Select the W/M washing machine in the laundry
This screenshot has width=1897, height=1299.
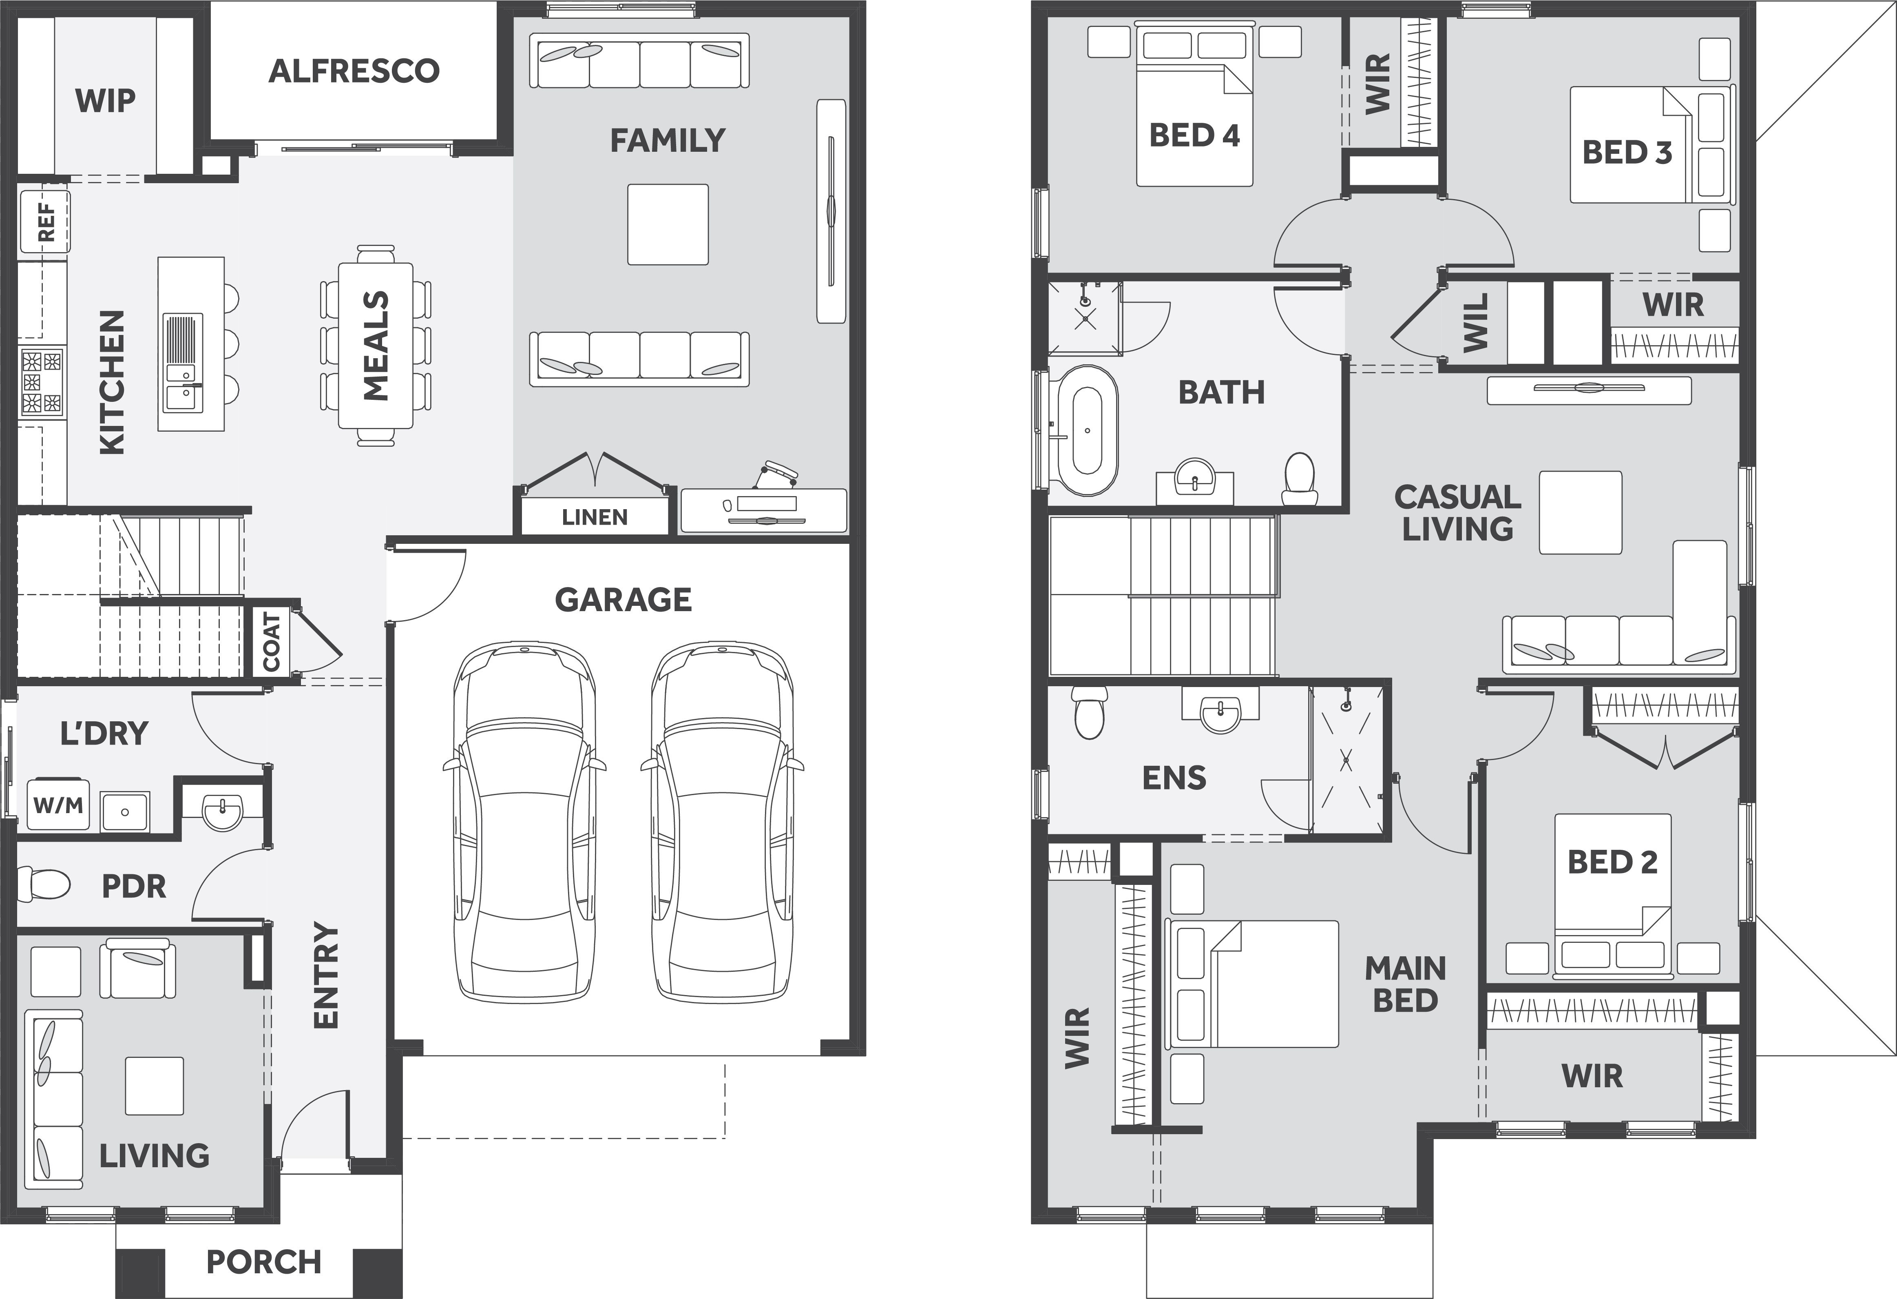(x=58, y=805)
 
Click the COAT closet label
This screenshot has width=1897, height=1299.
(x=272, y=642)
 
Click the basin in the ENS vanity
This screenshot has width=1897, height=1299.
(x=1220, y=713)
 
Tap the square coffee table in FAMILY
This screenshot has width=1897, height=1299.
(x=668, y=224)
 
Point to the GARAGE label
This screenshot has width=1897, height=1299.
(x=623, y=600)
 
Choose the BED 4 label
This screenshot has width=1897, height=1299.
(x=1194, y=135)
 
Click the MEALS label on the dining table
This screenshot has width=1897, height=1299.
(x=376, y=346)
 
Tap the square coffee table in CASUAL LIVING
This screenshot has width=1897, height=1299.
(x=1580, y=513)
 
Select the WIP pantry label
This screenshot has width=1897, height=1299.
(x=105, y=101)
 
